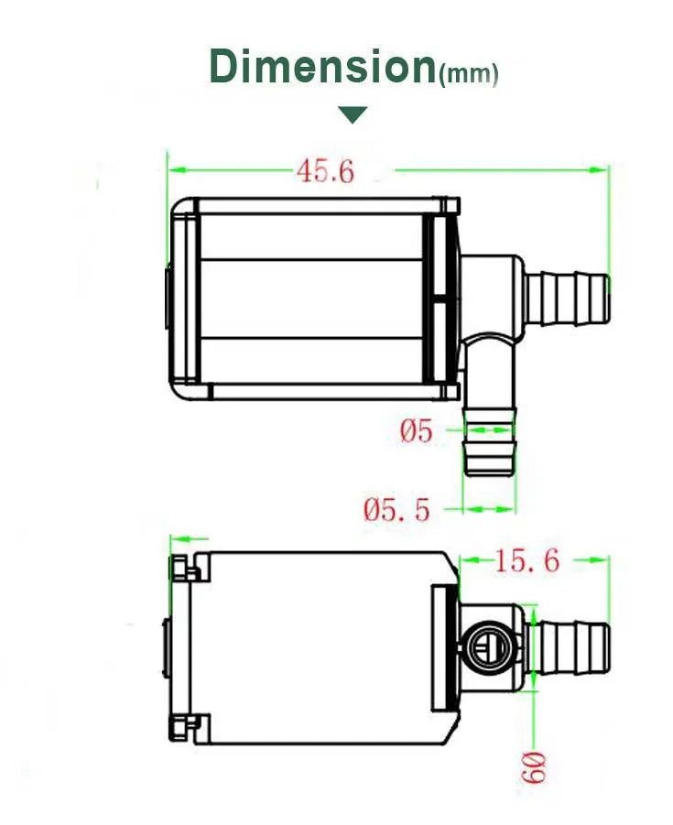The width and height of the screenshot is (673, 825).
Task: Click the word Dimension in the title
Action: point(322,66)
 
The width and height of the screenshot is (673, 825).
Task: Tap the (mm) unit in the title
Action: point(469,74)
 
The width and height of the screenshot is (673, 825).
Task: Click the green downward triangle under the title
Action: point(353,114)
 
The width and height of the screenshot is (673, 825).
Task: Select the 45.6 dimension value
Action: point(324,170)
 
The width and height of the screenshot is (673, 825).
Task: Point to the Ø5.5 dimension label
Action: point(396,509)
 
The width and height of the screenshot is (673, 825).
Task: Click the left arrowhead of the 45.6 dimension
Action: point(175,169)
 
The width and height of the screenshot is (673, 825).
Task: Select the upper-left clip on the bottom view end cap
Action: point(183,569)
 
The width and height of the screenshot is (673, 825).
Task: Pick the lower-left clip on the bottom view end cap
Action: point(183,727)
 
